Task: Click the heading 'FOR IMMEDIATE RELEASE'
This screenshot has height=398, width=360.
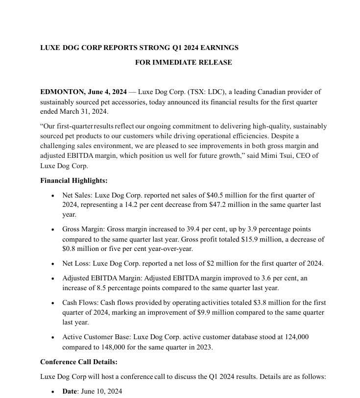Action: (x=183, y=62)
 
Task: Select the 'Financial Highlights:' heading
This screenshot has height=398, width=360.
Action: (x=73, y=180)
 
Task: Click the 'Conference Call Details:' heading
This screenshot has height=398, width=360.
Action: (x=78, y=362)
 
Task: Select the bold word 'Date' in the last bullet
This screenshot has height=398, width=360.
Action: (x=70, y=391)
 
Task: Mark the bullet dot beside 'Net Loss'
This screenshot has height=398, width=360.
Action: (x=52, y=264)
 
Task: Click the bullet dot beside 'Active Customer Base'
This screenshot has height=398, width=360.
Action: (x=52, y=338)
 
